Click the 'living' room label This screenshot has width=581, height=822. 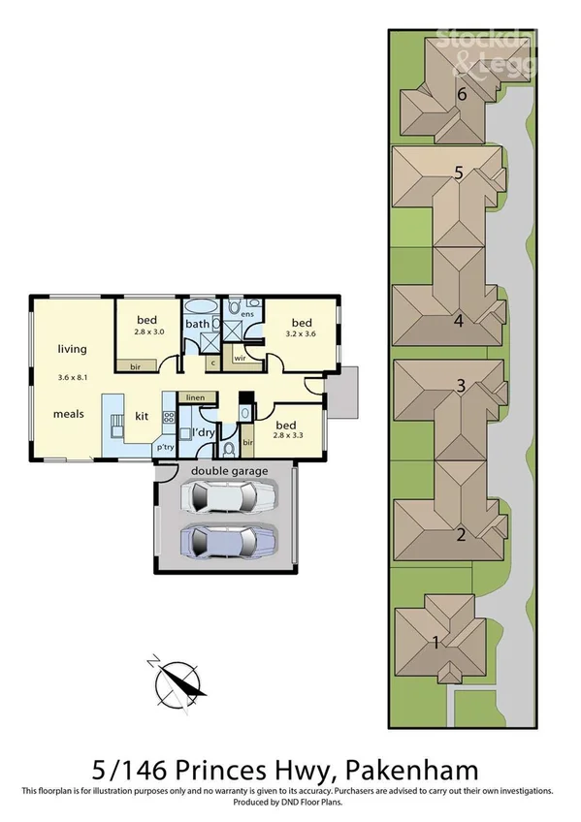tap(72, 349)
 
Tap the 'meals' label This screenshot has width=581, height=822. tap(69, 413)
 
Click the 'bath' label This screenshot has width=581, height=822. tap(198, 324)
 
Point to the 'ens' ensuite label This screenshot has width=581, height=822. tap(247, 315)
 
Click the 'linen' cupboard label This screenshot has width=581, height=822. tap(195, 397)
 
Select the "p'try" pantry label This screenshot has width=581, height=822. tap(165, 447)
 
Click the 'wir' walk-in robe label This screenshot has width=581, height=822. tap(239, 359)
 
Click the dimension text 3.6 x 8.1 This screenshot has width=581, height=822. tap(73, 376)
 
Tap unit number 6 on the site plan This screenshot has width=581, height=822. tap(463, 94)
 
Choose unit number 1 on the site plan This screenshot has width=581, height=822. tap(436, 641)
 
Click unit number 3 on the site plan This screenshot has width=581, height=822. tap(461, 385)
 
